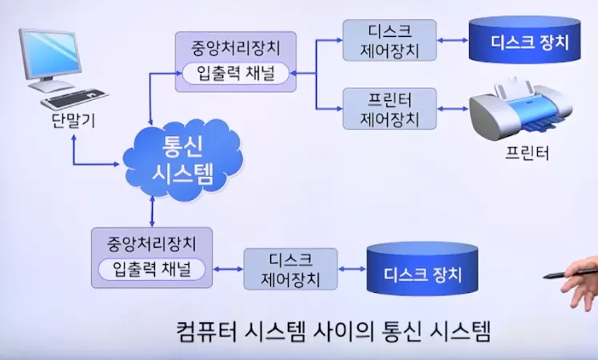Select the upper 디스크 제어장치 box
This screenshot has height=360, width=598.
pos(390,41)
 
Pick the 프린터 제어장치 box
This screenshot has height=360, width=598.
pos(390,110)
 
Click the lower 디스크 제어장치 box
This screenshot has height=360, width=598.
pos(291,270)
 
